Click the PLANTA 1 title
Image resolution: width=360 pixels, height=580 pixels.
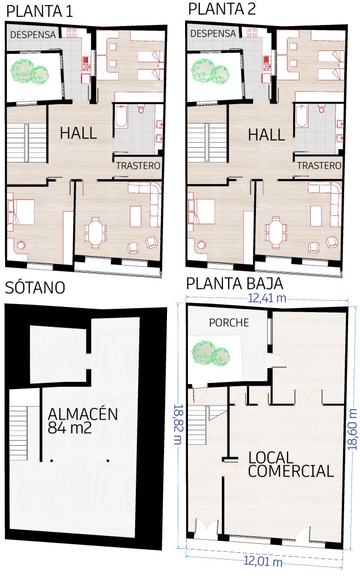(x=40, y=11)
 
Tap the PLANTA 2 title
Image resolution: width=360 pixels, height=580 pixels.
(x=222, y=9)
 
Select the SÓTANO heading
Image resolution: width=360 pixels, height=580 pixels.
(x=35, y=287)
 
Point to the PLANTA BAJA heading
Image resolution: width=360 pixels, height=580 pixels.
(x=234, y=284)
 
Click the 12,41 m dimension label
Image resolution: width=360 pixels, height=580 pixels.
(x=267, y=298)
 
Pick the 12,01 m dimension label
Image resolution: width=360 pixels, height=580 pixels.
(x=263, y=562)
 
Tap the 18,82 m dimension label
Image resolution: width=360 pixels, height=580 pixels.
(x=178, y=424)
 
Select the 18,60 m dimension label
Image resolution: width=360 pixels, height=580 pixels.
(x=353, y=429)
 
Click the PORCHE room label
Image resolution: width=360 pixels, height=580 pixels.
(x=229, y=322)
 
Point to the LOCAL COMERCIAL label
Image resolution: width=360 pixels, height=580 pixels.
(x=291, y=464)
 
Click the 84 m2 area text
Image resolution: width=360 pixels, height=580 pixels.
(x=70, y=428)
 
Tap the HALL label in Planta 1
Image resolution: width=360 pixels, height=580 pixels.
(x=78, y=133)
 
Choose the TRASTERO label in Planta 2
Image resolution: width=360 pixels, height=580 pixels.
(x=319, y=165)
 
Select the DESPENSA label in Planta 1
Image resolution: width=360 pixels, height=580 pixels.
(x=33, y=35)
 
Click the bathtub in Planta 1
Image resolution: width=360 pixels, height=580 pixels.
(x=121, y=117)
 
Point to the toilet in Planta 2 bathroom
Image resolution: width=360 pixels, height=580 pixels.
(x=321, y=108)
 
